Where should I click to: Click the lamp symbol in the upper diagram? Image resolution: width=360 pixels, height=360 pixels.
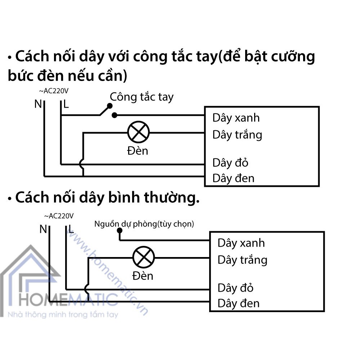pyautogui.click(x=139, y=132)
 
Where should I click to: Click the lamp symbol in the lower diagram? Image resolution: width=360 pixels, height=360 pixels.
pyautogui.click(x=144, y=257)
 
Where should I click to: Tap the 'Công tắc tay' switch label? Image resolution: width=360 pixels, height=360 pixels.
pyautogui.click(x=141, y=97)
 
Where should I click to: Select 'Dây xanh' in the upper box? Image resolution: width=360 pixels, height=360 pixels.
pyautogui.click(x=236, y=118)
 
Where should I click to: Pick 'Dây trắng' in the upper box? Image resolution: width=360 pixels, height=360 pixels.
pyautogui.click(x=237, y=135)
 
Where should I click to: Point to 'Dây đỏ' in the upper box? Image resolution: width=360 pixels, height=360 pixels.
pyautogui.click(x=230, y=163)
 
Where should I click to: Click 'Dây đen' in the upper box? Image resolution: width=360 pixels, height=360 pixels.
pyautogui.click(x=234, y=179)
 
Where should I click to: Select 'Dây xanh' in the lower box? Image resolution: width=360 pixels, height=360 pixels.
pyautogui.click(x=241, y=243)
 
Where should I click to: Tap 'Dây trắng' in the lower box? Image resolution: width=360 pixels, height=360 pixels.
pyautogui.click(x=242, y=260)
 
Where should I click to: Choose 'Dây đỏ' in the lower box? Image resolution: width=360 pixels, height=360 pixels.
pyautogui.click(x=235, y=288)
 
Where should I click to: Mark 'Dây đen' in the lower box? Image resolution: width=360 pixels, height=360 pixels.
pyautogui.click(x=239, y=303)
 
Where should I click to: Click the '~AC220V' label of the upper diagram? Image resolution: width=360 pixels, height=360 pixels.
pyautogui.click(x=54, y=91)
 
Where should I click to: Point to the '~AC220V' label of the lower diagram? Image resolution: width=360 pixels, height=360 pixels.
pyautogui.click(x=59, y=216)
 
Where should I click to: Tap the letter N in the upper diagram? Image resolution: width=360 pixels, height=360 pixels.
pyautogui.click(x=38, y=104)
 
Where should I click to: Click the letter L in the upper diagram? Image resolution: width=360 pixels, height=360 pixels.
pyautogui.click(x=66, y=104)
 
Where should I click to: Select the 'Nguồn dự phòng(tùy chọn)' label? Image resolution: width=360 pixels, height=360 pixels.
pyautogui.click(x=144, y=224)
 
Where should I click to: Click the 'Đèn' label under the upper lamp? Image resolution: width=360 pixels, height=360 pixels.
pyautogui.click(x=138, y=151)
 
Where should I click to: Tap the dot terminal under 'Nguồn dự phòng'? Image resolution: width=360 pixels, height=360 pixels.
pyautogui.click(x=120, y=230)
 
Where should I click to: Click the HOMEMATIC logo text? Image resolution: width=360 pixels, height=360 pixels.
pyautogui.click(x=68, y=300)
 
